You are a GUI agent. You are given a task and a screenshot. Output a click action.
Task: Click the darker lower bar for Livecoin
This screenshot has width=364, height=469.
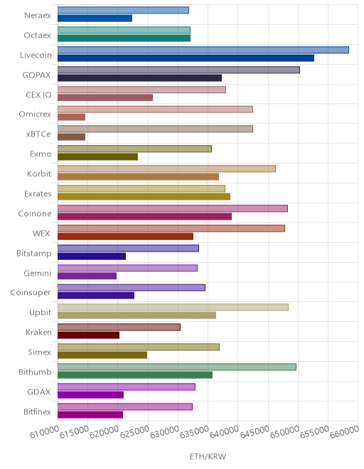pyautogui.click(x=186, y=58)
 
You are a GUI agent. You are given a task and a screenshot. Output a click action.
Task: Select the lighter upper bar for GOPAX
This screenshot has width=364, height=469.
pyautogui.click(x=178, y=70)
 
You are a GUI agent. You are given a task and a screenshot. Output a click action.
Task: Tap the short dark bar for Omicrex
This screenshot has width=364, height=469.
pyautogui.click(x=72, y=117)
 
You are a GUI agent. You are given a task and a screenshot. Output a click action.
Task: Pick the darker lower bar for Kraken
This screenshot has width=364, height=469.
pyautogui.click(x=89, y=335)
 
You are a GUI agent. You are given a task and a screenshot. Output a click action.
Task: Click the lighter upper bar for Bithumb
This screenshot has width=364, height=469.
pyautogui.click(x=177, y=367)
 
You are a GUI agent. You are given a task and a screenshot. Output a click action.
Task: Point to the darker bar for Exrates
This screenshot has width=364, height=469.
pyautogui.click(x=144, y=197)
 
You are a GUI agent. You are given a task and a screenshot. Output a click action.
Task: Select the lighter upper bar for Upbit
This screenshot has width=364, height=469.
pyautogui.click(x=173, y=307)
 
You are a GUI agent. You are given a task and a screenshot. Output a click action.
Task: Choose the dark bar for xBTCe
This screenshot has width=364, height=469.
pyautogui.click(x=72, y=137)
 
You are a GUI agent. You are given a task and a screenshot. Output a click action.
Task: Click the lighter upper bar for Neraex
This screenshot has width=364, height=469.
pyautogui.click(x=123, y=10)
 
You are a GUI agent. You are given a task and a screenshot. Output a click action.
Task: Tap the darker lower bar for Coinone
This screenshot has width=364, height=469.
pyautogui.click(x=144, y=217)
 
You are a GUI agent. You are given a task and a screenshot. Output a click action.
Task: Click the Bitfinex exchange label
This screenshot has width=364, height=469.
pyautogui.click(x=38, y=412)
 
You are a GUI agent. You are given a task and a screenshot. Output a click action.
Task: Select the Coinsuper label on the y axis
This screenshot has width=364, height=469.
pyautogui.click(x=31, y=293)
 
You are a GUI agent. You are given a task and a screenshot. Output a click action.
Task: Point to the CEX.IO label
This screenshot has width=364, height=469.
pyautogui.click(x=38, y=95)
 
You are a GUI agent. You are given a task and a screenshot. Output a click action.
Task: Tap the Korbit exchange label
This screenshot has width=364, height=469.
pyautogui.click(x=39, y=174)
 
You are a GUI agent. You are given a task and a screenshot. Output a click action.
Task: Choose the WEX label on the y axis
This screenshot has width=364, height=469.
pyautogui.click(x=41, y=233)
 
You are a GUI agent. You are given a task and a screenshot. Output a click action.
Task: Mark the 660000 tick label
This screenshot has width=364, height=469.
pyautogui.click(x=344, y=431)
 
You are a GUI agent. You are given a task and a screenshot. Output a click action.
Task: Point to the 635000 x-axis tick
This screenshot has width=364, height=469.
pyautogui.click(x=194, y=431)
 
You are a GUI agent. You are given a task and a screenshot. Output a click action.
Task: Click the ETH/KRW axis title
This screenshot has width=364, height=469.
pyautogui.click(x=208, y=456)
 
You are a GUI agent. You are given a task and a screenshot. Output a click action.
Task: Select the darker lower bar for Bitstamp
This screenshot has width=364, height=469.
pyautogui.click(x=92, y=257)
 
